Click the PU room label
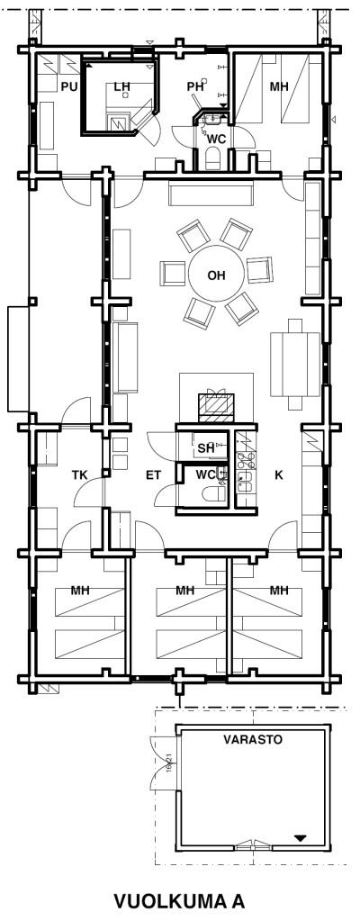(68, 87)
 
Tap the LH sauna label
(121, 87)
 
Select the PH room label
(194, 87)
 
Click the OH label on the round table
(216, 275)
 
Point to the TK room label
(79, 475)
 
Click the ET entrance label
(153, 475)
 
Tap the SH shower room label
(205, 448)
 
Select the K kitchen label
(279, 475)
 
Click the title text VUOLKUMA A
(179, 900)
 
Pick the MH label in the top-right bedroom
(280, 87)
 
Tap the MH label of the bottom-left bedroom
(80, 591)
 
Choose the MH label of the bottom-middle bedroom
(185, 591)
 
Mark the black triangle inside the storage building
(301, 837)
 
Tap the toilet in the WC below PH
(212, 158)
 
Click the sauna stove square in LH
(120, 122)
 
